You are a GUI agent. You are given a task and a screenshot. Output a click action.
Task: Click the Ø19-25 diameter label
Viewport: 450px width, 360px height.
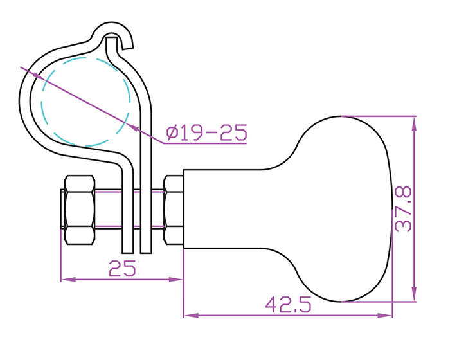coord(206,132)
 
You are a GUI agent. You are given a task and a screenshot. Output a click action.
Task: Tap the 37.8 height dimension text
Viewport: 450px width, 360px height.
coord(403,209)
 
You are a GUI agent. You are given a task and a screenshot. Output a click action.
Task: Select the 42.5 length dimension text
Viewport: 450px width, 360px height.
coord(288,305)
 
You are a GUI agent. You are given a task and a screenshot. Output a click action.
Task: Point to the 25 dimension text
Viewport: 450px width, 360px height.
coord(122,269)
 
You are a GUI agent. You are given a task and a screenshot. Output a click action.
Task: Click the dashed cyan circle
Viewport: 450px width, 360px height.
coord(85,102)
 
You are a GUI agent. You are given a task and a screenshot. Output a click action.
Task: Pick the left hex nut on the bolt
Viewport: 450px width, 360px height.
coord(80,210)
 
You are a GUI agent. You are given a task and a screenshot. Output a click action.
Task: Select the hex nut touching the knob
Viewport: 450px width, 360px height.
coord(174,210)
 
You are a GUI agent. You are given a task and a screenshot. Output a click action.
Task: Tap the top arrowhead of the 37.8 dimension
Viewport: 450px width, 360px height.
coord(414,123)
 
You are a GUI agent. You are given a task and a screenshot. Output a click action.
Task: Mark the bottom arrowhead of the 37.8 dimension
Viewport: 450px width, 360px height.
coord(414,294)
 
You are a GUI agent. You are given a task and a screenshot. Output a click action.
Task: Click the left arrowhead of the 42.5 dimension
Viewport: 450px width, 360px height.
coord(191,316)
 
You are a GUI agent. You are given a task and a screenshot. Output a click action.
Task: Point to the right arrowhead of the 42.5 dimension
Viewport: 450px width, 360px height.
coord(384,316)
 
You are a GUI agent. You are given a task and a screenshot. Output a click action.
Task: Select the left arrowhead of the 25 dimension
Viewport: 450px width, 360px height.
coord(68,279)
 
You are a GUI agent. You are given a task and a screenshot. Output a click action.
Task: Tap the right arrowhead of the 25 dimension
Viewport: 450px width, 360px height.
coord(175,279)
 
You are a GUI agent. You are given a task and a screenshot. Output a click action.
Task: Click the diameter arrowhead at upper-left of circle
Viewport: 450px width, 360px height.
coord(38,75)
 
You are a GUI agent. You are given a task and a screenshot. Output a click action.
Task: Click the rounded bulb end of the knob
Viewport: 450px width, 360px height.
coord(345,209)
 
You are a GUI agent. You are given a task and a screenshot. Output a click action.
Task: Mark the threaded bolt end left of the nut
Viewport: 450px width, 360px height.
coord(62,209)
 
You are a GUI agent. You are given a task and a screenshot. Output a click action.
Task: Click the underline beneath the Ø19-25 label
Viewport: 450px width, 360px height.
coord(205,143)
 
